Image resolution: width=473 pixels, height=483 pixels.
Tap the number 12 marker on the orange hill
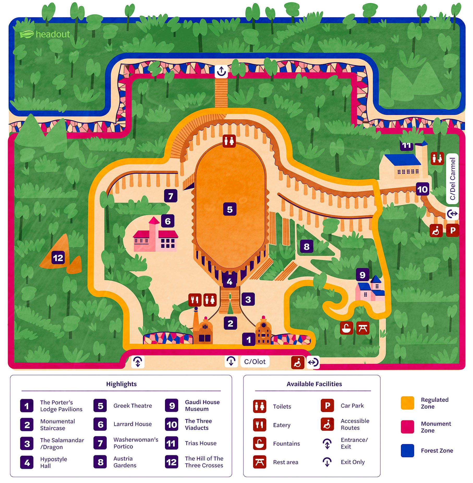coord(58,258)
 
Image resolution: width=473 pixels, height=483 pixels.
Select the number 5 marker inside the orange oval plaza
coord(230,209)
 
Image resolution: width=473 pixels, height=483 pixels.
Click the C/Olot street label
coord(254,362)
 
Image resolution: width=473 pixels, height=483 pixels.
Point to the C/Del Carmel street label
coord(452,179)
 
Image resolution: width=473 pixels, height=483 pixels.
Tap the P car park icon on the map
coord(452,230)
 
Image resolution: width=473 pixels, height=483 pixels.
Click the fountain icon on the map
coord(346,328)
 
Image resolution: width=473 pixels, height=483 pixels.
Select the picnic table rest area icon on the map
coord(363,328)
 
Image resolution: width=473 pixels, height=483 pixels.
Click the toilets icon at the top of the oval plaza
coord(229,141)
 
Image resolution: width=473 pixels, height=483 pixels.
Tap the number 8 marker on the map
coord(306,246)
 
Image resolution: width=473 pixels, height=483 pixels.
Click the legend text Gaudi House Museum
coord(202,405)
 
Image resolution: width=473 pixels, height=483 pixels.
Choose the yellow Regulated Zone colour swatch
coord(407,403)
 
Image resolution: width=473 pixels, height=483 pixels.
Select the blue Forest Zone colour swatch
coord(407,450)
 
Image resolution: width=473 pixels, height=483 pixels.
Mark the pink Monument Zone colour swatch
coord(407,427)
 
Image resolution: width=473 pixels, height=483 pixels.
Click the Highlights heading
coord(121,384)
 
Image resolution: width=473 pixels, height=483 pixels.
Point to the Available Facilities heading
coord(314,384)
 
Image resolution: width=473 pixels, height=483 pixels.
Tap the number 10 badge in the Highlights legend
coord(172,425)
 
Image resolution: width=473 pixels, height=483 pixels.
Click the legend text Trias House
coord(201,443)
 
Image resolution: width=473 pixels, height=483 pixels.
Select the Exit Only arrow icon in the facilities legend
coord(327,462)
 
